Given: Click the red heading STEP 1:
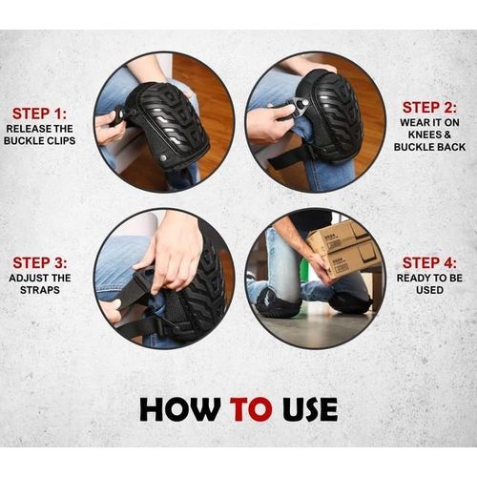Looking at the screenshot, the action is pos(40,114).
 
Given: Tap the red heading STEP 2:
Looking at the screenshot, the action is pos(429,108).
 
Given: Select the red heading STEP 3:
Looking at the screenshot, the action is pos(40,262).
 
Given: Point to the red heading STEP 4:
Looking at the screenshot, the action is pos(429,262).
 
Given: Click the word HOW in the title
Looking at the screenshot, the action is pos(180,409).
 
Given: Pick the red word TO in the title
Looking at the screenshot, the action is pos(252,409).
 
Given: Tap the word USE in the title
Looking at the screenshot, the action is pos(310,409).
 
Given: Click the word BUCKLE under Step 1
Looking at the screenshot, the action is pos(23,141).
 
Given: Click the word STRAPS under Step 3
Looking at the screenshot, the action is pos(40,290).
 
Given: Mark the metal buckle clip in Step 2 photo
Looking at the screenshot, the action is pos(299,105).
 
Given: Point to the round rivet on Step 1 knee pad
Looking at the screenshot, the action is pos(163,157).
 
